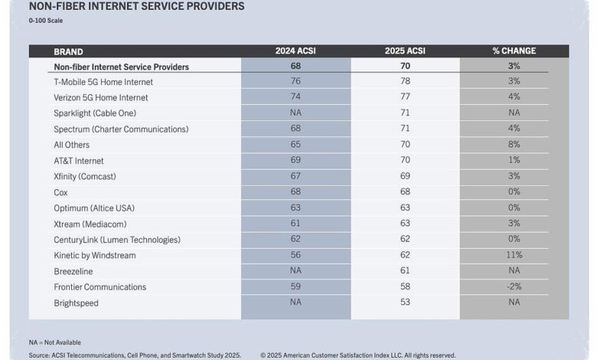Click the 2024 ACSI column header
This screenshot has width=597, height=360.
click(x=295, y=51)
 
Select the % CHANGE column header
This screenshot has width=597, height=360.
click(x=514, y=51)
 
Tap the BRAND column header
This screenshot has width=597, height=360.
click(x=69, y=52)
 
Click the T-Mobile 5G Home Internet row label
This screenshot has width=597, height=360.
click(x=103, y=82)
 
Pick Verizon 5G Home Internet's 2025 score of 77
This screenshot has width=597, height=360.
click(x=405, y=97)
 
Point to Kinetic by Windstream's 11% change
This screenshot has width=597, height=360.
click(x=514, y=255)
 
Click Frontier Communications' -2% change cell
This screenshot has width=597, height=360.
click(x=514, y=286)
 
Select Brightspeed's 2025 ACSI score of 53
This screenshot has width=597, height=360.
click(x=405, y=302)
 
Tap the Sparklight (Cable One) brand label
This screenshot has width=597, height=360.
click(x=95, y=113)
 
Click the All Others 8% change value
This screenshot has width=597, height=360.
click(x=514, y=144)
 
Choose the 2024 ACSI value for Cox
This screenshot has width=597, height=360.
click(x=295, y=191)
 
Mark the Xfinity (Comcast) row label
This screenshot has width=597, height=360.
click(x=85, y=176)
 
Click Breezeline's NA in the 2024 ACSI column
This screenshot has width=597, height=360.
click(x=295, y=270)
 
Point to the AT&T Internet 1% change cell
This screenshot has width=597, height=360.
click(x=514, y=160)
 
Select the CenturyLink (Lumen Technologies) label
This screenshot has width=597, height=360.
click(x=117, y=240)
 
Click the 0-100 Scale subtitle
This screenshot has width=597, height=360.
click(x=46, y=21)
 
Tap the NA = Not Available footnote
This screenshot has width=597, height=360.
click(x=55, y=342)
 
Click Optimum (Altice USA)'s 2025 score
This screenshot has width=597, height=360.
click(x=405, y=208)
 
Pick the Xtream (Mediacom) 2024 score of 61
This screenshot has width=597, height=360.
click(x=295, y=223)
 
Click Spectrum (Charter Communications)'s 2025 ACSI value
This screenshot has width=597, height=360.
click(x=405, y=129)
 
